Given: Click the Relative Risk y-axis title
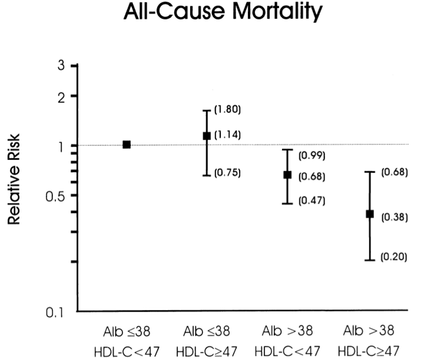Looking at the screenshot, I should coord(18,186).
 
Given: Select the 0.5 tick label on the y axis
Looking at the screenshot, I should coord(55,195).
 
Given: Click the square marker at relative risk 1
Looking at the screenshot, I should coord(126,144).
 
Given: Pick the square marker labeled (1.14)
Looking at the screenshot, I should coord(207,136).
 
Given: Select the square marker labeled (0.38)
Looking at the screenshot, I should coord(370,214).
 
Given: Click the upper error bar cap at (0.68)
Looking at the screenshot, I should coord(370,172).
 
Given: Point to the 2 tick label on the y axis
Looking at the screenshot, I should coord(61,96).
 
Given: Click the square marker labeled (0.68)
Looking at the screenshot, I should coord(288,175).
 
